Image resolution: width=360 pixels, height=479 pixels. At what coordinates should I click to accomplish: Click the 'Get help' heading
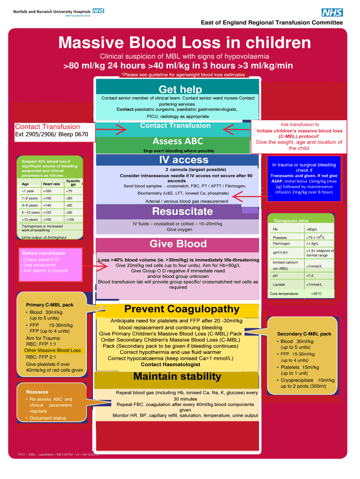pyautogui.click(x=180, y=89)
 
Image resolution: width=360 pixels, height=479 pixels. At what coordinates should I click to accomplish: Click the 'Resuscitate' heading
pyautogui.click(x=176, y=212)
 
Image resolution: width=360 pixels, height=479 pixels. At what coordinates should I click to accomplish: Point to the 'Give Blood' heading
pyautogui.click(x=178, y=244)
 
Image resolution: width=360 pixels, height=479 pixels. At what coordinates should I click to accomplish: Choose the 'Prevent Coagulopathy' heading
pyautogui.click(x=182, y=309)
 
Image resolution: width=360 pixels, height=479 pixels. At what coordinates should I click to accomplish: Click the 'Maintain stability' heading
pyautogui.click(x=177, y=377)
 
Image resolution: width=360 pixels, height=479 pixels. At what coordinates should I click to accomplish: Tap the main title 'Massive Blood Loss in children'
pyautogui.click(x=184, y=43)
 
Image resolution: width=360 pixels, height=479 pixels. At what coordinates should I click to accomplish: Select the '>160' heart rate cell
pyautogui.click(x=47, y=191)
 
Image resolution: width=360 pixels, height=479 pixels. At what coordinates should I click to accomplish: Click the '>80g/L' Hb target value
pyautogui.click(x=311, y=229)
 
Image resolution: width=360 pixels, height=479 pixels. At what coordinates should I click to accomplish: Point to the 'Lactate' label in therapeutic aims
pyautogui.click(x=279, y=284)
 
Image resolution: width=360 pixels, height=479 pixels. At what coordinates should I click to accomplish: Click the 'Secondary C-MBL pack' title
pyautogui.click(x=304, y=334)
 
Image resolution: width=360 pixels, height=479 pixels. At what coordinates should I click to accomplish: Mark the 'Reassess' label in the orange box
pyautogui.click(x=37, y=392)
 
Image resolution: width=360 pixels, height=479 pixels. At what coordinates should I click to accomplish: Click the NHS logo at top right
pyautogui.click(x=331, y=13)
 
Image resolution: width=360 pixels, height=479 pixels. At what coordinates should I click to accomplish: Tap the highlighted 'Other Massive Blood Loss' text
pyautogui.click(x=52, y=350)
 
